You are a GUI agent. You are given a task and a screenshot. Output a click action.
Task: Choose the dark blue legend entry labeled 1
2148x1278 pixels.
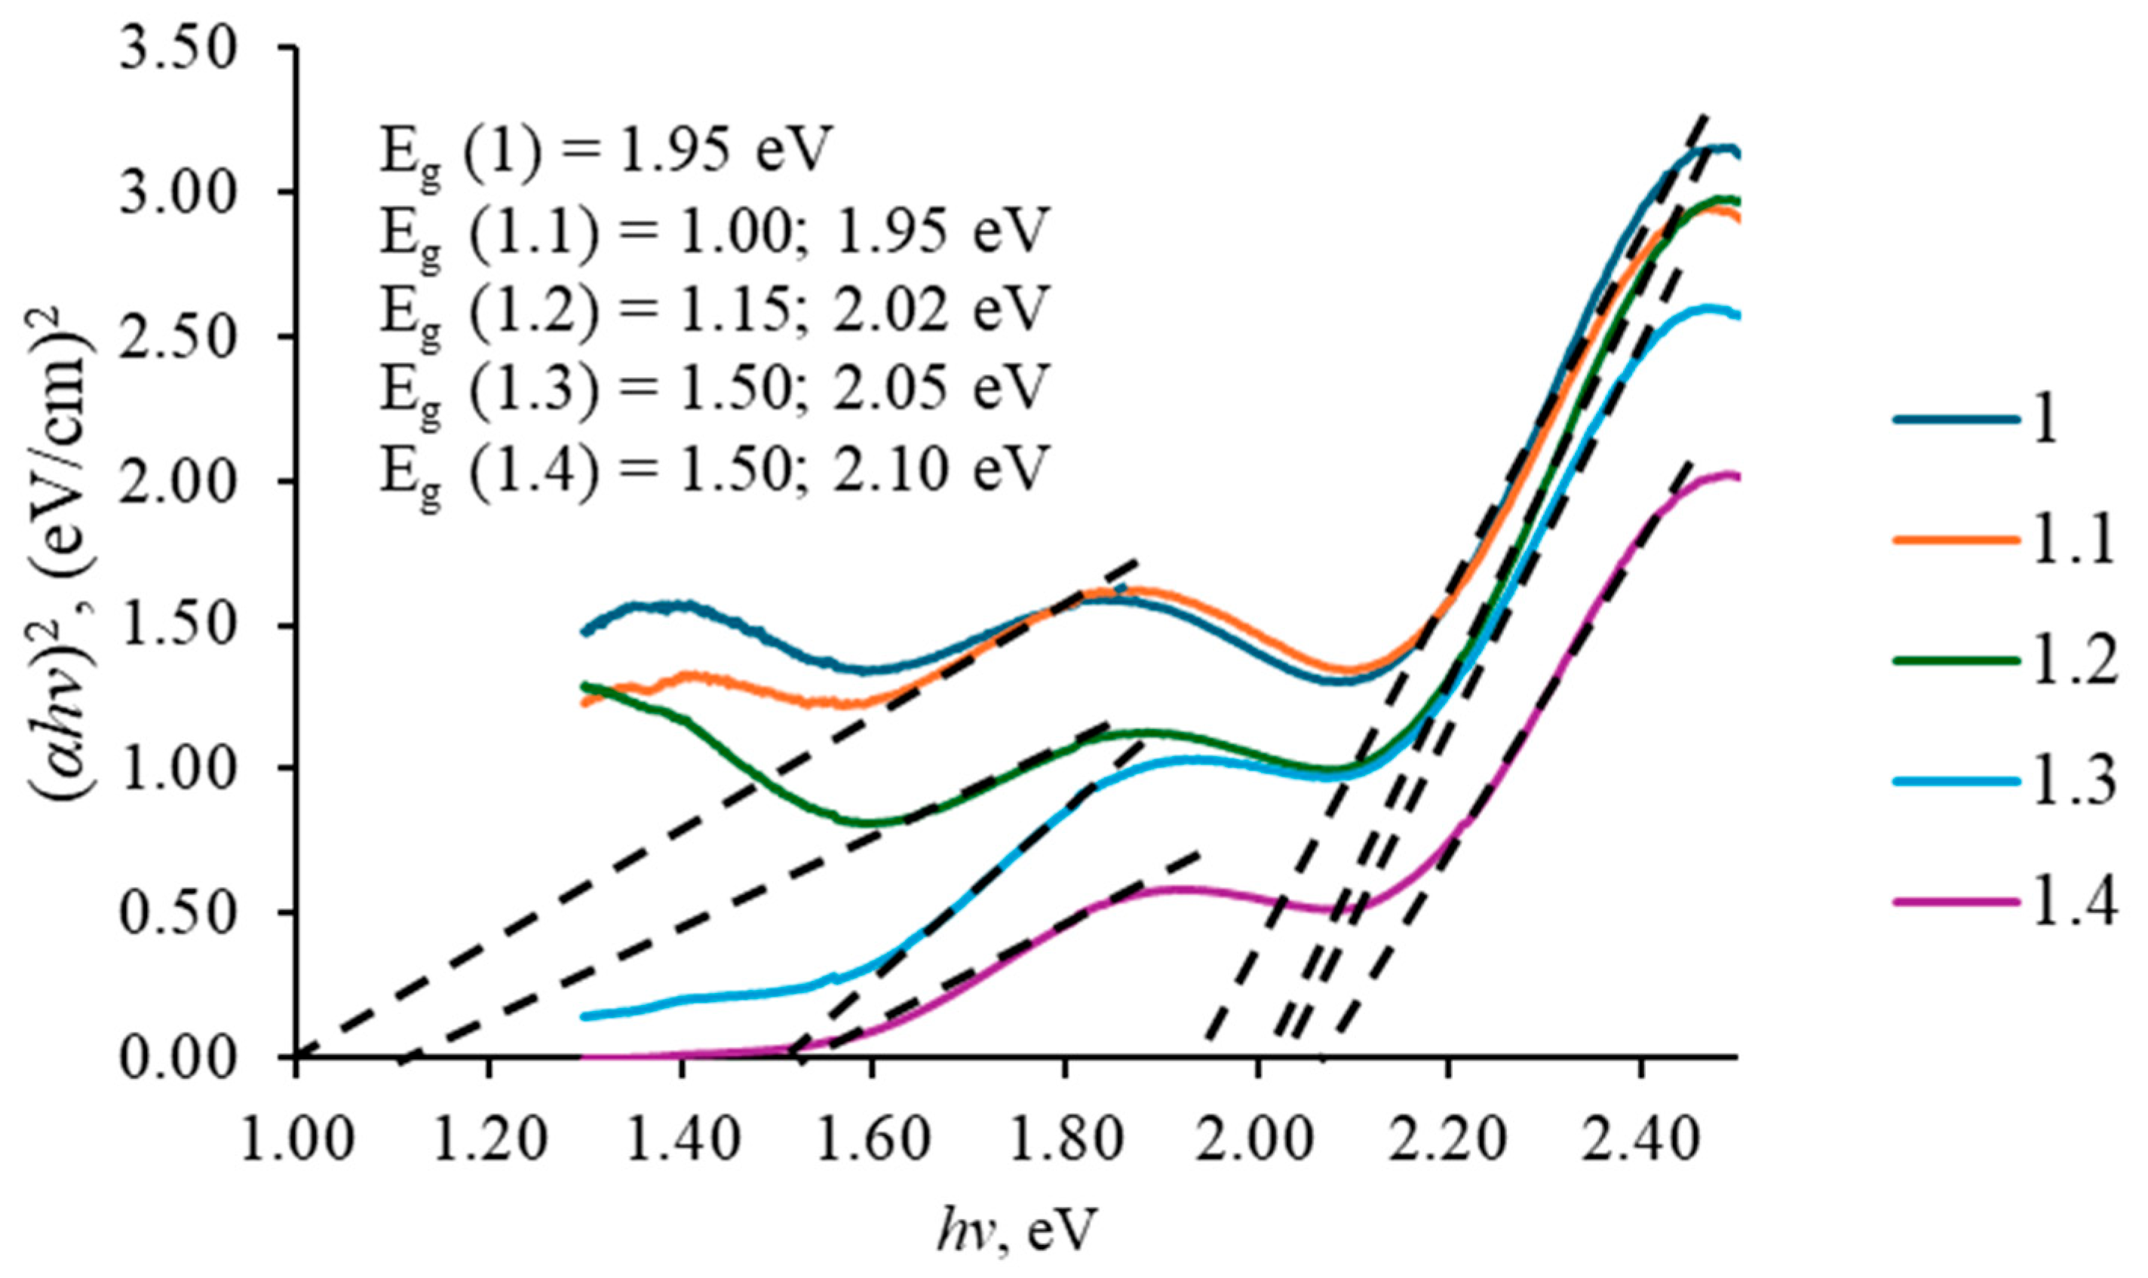coord(1981,420)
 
